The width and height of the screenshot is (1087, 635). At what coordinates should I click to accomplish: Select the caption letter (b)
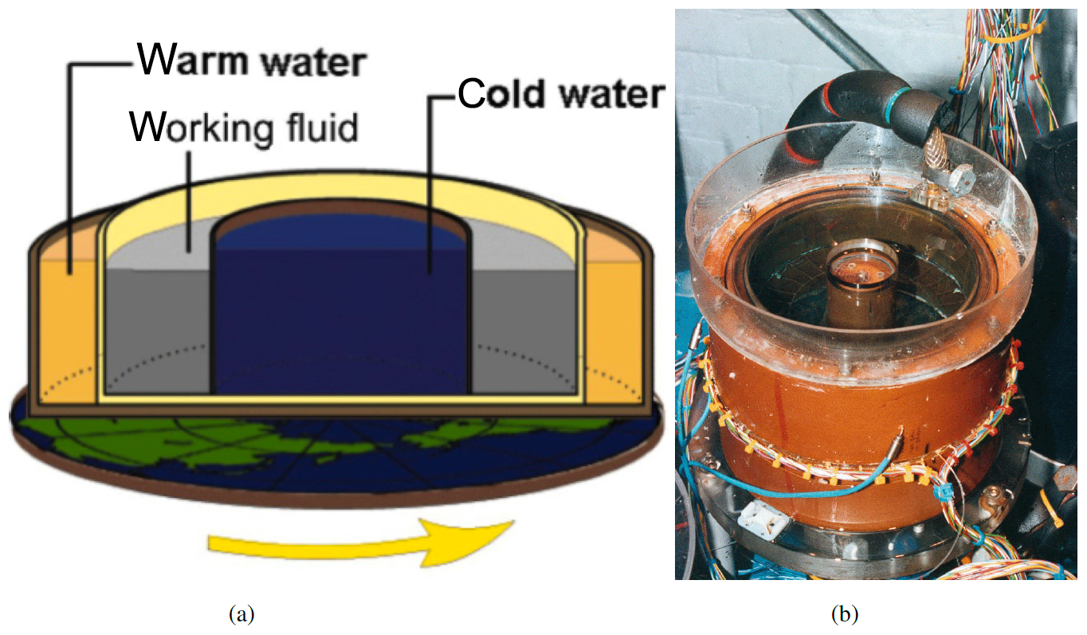click(845, 614)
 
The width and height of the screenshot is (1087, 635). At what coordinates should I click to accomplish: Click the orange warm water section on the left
click(64, 335)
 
